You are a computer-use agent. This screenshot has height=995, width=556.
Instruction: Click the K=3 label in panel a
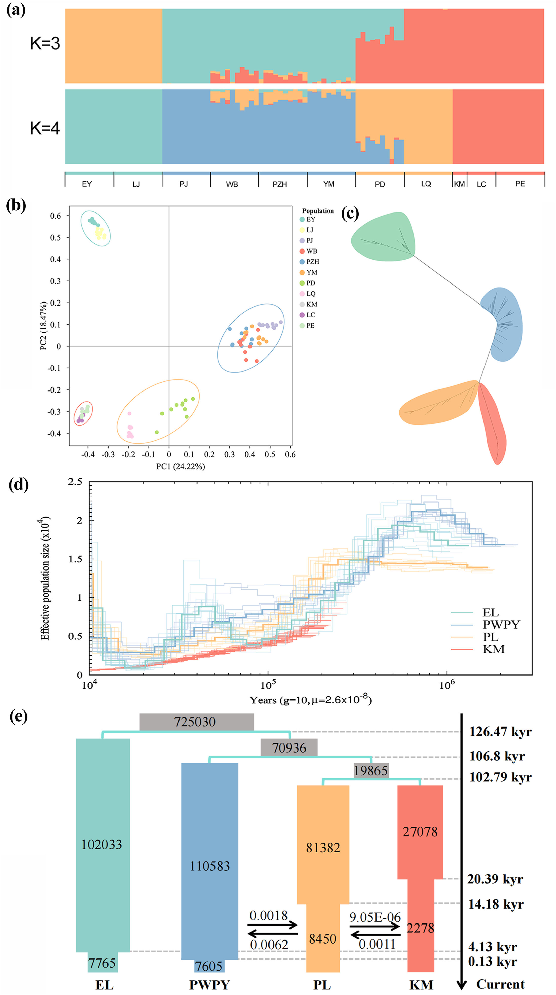tap(45, 44)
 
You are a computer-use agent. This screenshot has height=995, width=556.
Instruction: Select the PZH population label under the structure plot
tap(280, 184)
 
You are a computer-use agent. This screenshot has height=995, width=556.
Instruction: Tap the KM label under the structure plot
tap(459, 184)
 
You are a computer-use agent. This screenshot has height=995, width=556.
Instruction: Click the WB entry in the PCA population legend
tap(311, 251)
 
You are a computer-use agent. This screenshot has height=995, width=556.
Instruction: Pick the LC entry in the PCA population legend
tap(310, 315)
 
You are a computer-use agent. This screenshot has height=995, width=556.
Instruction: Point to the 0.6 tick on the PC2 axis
tap(56, 216)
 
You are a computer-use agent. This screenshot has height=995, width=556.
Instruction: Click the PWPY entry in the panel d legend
tap(501, 625)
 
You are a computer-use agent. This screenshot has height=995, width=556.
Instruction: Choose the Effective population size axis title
tap(45, 578)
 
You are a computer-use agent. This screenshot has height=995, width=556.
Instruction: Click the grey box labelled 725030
tap(196, 722)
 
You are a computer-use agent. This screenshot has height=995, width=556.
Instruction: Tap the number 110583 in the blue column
tap(210, 866)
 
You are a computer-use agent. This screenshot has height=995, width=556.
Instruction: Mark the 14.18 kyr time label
tap(496, 904)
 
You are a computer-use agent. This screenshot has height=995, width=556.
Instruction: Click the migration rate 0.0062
tap(269, 945)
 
